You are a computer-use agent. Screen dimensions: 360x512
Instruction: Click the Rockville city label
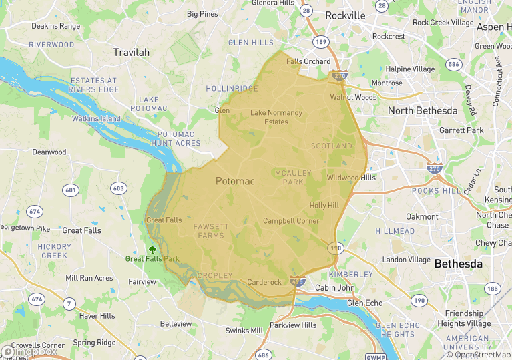click(x=345, y=15)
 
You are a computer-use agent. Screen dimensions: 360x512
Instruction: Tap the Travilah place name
click(x=132, y=52)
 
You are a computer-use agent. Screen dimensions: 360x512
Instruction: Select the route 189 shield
click(x=322, y=41)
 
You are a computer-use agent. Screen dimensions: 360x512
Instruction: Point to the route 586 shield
click(x=455, y=65)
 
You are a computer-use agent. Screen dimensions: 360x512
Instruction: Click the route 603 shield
click(x=118, y=188)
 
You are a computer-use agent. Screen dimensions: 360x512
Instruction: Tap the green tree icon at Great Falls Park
click(x=152, y=250)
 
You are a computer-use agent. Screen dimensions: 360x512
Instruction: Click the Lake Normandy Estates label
click(x=276, y=117)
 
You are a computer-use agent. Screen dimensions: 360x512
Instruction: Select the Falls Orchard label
click(x=308, y=61)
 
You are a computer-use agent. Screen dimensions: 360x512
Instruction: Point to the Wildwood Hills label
click(x=351, y=178)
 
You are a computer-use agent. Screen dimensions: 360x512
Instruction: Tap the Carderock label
click(x=264, y=282)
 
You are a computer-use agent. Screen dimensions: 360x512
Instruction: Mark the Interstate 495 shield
click(x=298, y=282)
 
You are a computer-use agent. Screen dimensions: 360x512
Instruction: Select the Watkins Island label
click(x=96, y=119)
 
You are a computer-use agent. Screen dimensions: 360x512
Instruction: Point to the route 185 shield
click(x=492, y=289)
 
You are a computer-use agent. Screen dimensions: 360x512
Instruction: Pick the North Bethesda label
click(x=423, y=110)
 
